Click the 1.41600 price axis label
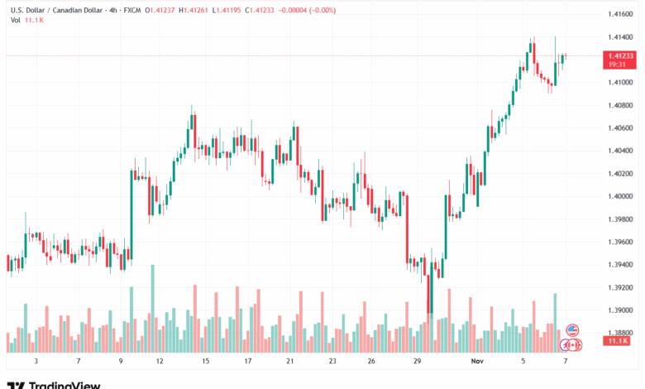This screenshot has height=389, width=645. click(619, 15)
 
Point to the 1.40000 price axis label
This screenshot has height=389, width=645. click(619, 196)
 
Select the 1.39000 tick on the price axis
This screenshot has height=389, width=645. click(619, 310)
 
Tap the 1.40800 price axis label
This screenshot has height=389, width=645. click(619, 105)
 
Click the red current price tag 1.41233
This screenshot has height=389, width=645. click(619, 55)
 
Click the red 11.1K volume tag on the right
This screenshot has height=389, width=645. click(618, 340)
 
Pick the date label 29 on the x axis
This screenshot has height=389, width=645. click(418, 362)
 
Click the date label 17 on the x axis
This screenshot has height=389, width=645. click(247, 362)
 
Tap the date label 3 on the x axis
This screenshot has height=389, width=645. click(36, 362)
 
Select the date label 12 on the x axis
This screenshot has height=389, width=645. click(159, 362)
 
